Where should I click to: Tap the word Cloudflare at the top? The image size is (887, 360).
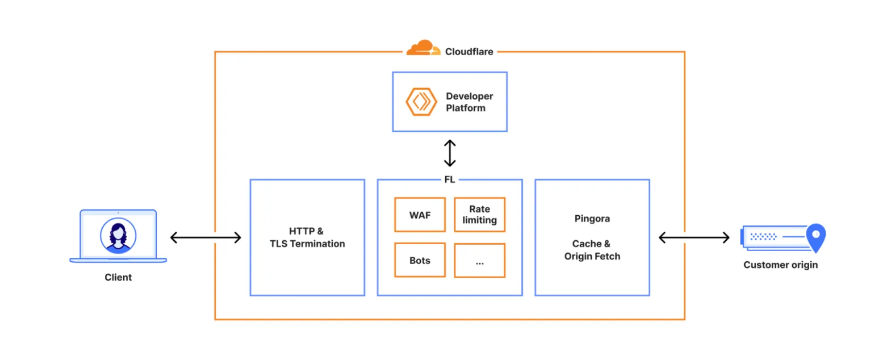(468, 52)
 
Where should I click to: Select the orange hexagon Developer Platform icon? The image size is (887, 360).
(421, 102)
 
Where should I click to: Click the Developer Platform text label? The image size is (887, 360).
(469, 102)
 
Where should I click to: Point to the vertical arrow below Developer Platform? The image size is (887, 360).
(450, 153)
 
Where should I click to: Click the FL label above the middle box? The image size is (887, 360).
(449, 180)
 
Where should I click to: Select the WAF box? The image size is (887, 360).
(420, 215)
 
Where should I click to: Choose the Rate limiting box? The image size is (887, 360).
(479, 215)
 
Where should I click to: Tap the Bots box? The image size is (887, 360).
(420, 260)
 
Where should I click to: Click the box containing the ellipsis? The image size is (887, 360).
(479, 261)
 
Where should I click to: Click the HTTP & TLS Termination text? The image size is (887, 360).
(307, 237)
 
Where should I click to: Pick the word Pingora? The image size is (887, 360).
(592, 218)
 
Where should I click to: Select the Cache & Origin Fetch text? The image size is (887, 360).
(592, 250)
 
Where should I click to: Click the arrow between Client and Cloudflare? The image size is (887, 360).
(206, 237)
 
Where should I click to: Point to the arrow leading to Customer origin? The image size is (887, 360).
(693, 237)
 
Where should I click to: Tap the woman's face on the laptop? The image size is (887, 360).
(118, 234)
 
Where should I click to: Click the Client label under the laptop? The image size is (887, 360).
(118, 278)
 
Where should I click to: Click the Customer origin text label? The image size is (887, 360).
(780, 265)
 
